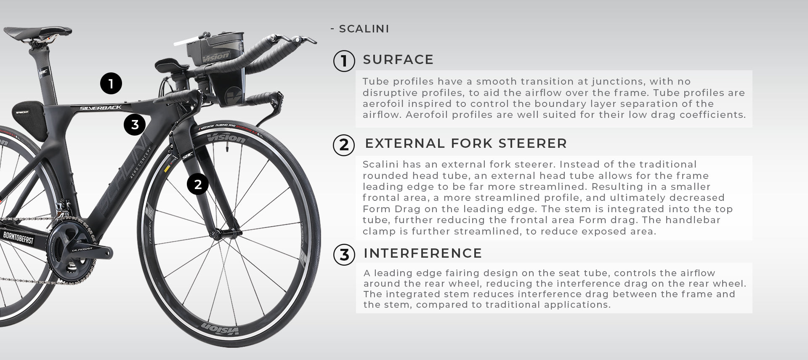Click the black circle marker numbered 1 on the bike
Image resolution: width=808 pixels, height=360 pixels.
point(111,83)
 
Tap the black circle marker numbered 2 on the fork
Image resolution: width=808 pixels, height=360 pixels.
point(198,184)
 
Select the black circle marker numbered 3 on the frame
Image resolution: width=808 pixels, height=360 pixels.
point(135,125)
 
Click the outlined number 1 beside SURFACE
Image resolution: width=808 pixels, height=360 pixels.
point(344,61)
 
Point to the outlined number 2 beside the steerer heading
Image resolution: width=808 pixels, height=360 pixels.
point(344,144)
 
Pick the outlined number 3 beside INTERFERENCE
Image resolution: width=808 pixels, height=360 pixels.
point(344,255)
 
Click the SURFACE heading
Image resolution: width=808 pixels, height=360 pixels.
point(398,60)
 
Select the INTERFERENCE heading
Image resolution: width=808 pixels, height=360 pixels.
point(423,253)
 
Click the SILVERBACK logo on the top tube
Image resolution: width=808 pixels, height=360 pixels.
point(101,108)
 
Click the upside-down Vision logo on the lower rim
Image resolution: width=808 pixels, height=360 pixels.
point(220,329)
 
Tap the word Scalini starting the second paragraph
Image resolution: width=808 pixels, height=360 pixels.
point(380,164)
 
